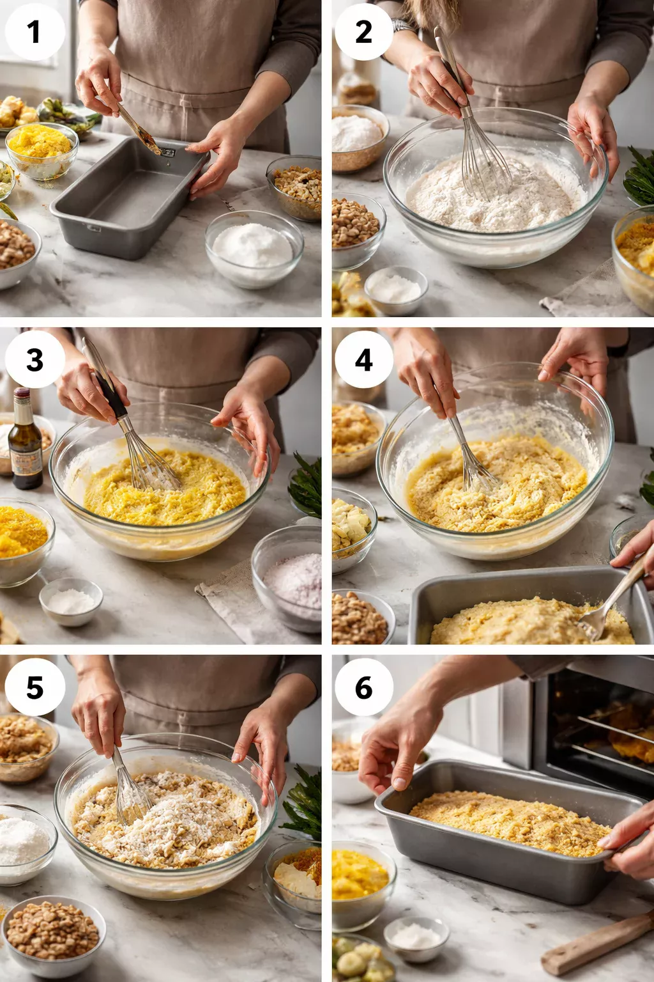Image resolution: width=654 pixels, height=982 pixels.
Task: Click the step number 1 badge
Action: click(34, 31)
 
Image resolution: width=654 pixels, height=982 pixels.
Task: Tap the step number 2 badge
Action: click(363, 31)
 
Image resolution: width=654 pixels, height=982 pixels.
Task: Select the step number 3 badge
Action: click(34, 359)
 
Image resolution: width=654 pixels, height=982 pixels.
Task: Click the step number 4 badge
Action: click(363, 359)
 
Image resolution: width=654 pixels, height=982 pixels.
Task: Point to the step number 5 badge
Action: click(34, 687)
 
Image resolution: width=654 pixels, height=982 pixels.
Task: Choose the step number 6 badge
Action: click(363, 687)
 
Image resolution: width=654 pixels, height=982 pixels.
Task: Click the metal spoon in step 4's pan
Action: click(607, 604)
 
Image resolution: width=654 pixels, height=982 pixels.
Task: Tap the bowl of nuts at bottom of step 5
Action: click(52, 933)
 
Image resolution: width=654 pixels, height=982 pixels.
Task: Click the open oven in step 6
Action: click(594, 722)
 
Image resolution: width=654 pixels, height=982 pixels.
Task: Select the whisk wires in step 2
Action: click(485, 160)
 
